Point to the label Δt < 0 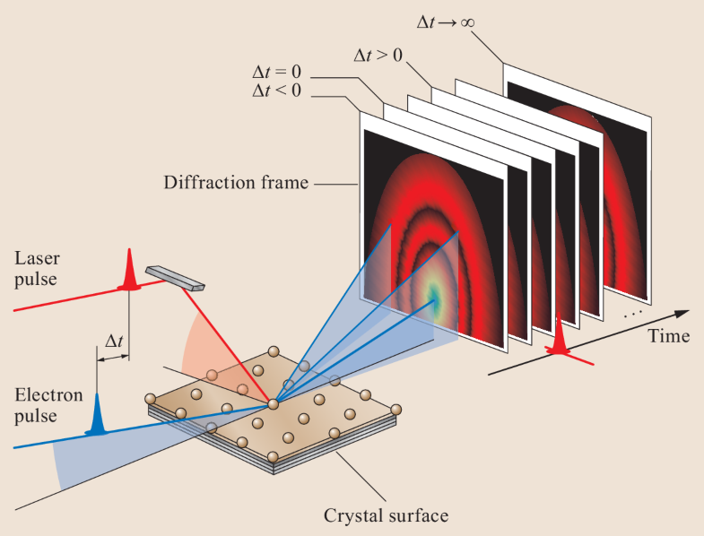point(278,91)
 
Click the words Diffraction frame point(236,183)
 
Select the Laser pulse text point(39,268)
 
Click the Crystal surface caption point(387,515)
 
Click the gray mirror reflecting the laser point(176,278)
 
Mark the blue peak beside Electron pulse point(96,419)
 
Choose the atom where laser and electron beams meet point(274,404)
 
